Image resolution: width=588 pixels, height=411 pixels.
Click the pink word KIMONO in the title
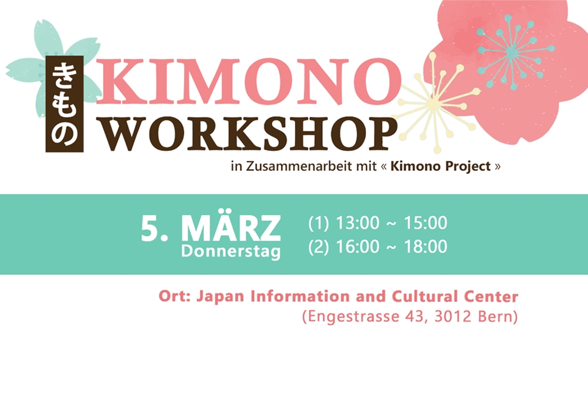coord(249,81)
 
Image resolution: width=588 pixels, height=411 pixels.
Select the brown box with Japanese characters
coord(65,104)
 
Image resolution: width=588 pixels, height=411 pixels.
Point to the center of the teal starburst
coord(512,52)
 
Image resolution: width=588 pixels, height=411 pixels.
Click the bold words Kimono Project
coord(440,166)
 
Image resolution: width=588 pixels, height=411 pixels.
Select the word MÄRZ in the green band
coord(231,228)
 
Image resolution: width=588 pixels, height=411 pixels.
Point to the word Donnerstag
coord(231,251)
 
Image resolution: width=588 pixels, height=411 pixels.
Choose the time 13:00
coord(358,223)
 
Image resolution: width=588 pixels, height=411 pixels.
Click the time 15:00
coord(426,223)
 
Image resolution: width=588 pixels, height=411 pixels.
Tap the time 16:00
coord(358,247)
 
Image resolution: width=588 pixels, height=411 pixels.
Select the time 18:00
coord(426,247)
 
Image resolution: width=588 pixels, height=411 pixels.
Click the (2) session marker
coord(319,247)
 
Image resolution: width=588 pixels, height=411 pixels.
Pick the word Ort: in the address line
coord(175,296)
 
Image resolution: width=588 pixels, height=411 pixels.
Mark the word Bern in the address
coord(496,316)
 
